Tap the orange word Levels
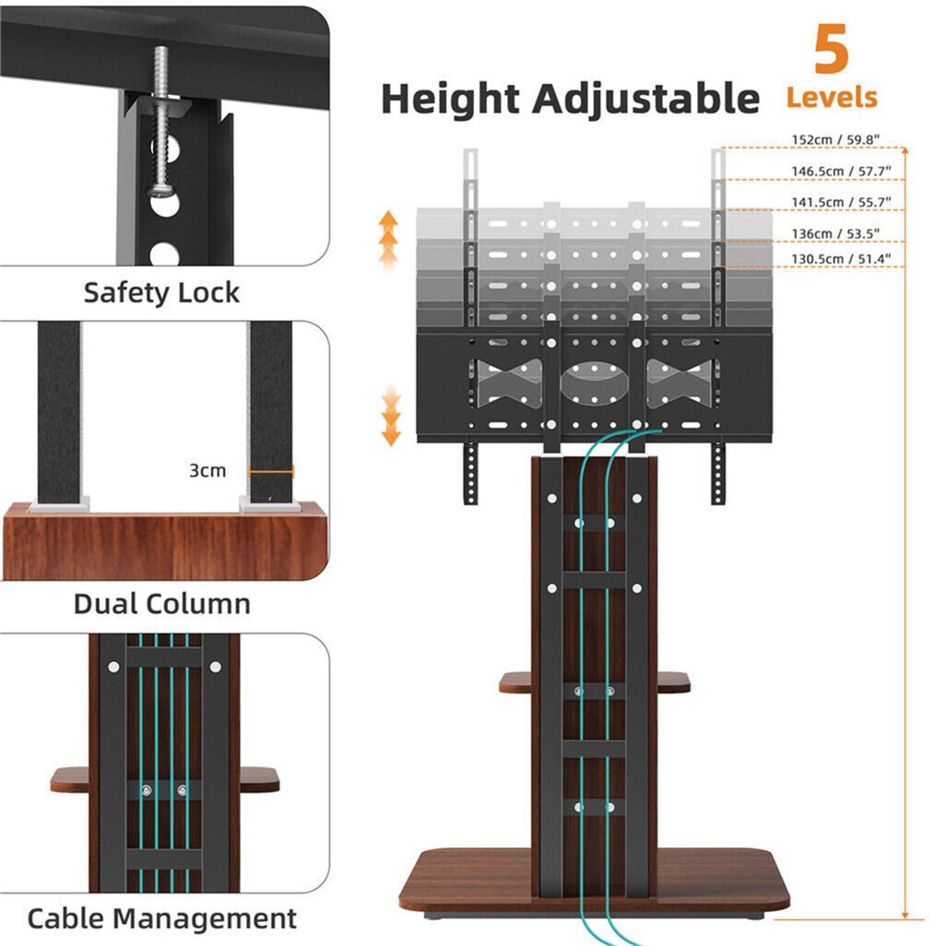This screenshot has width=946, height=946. [x=831, y=97]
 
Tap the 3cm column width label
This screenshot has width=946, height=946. [x=207, y=470]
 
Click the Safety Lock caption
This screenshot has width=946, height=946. [x=161, y=293]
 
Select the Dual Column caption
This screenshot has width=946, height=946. [x=161, y=605]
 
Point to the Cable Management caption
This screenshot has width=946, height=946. [x=161, y=918]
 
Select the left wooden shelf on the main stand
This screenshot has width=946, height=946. [x=515, y=682]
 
